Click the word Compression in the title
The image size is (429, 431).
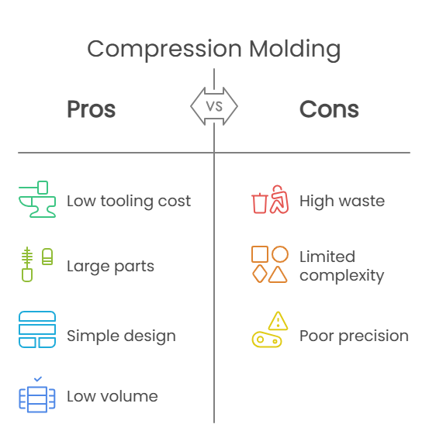pos(164,50)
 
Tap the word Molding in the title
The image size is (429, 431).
pos(295,50)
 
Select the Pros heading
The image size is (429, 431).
pos(92,109)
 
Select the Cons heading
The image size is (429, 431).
pos(329,109)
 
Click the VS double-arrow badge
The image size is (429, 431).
pos(214,106)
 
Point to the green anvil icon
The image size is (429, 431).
pos(37,199)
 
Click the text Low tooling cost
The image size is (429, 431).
pos(129,202)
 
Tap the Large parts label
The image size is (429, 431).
pos(111,267)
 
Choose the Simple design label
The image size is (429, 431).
pos(121,336)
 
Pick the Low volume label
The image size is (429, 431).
pos(112,396)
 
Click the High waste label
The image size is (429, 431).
pos(342,202)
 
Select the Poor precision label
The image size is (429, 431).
pos(355,336)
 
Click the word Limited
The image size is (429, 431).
pos(327,257)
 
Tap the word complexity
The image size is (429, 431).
pos(342,276)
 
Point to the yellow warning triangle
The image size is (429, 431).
pos(278,321)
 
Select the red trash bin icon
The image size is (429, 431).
pos(260,203)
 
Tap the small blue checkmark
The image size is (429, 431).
pos(38,379)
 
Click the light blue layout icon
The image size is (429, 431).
pos(37,329)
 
